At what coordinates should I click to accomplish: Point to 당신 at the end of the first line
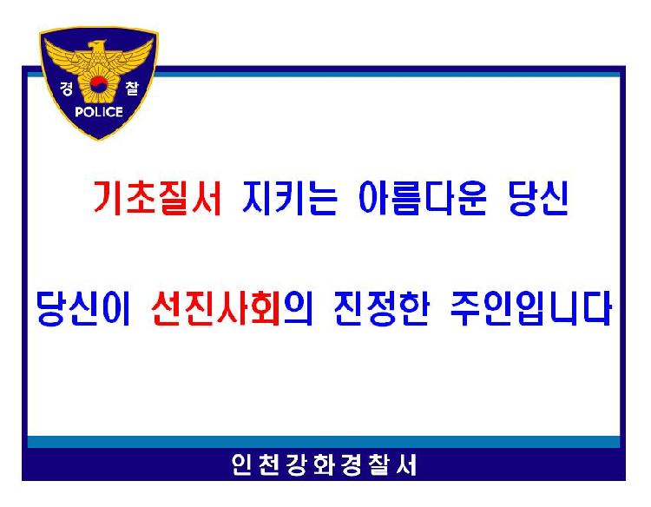coord(536,201)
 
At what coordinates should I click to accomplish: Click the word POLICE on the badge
coord(98,111)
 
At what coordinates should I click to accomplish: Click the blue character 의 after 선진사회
coord(297,308)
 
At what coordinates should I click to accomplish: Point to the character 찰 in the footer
coord(376,466)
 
